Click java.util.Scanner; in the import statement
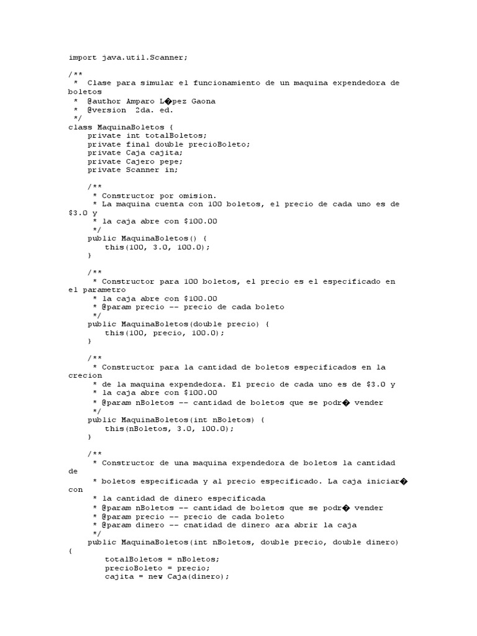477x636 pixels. point(143,58)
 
